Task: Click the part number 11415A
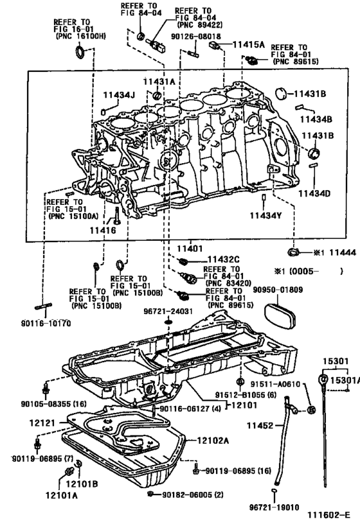[x=248, y=44]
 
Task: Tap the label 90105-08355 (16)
[x=44, y=404]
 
